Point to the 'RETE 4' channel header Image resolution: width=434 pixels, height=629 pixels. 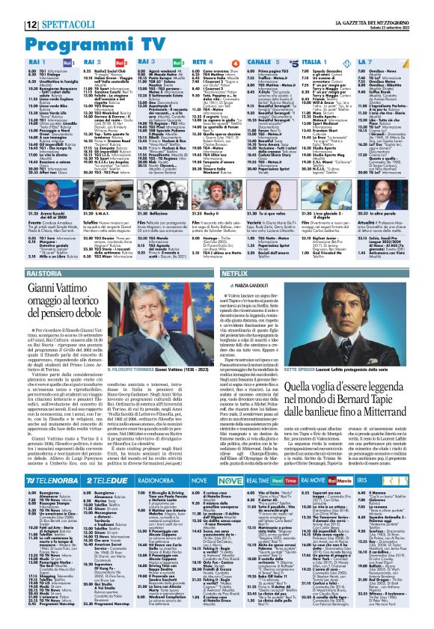203,63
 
